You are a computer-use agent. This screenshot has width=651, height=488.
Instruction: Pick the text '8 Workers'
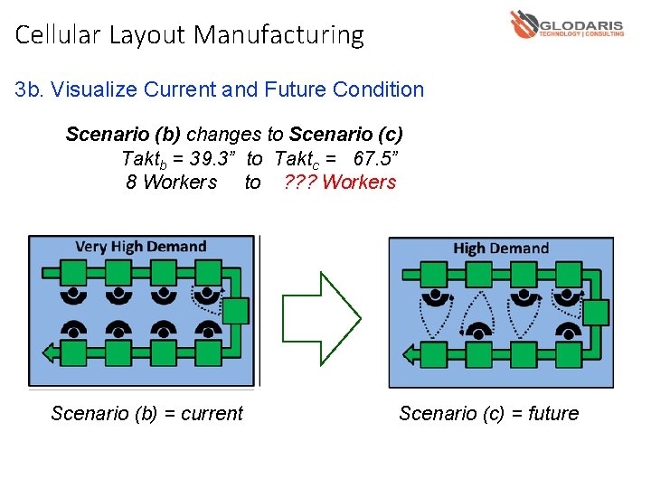point(172,183)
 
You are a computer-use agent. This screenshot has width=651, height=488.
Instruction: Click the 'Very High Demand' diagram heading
point(140,247)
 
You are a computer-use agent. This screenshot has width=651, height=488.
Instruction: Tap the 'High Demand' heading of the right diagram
point(501,249)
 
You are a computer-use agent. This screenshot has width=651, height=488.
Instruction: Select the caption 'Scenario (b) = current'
point(146,414)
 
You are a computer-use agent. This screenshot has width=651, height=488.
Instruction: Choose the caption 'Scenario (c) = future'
point(488,414)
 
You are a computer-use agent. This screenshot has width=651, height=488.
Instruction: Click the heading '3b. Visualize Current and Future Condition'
point(220,89)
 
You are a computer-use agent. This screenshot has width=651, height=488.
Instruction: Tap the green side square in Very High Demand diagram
point(235,311)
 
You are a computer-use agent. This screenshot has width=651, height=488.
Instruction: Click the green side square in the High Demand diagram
point(595,313)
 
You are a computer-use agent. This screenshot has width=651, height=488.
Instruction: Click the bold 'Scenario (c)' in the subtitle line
point(345,135)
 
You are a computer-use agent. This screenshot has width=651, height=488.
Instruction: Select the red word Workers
point(359,183)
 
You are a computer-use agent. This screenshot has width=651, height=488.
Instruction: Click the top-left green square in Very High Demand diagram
point(72,272)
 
